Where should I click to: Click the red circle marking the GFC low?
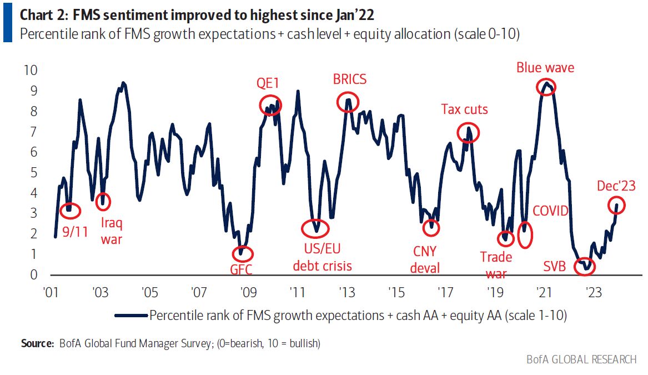coord(242,254)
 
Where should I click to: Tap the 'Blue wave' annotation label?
coord(545,68)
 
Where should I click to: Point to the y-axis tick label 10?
coord(31,71)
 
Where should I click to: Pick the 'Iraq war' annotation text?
coord(112,231)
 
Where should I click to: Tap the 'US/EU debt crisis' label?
coord(322,257)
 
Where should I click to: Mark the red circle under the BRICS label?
coord(348,101)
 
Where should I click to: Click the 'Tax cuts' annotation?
coord(464,109)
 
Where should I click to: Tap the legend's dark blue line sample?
coord(131,315)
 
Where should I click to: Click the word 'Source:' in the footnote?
coord(37,343)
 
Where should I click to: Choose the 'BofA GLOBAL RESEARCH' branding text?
coord(581,360)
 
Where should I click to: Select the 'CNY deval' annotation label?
coord(425,259)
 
